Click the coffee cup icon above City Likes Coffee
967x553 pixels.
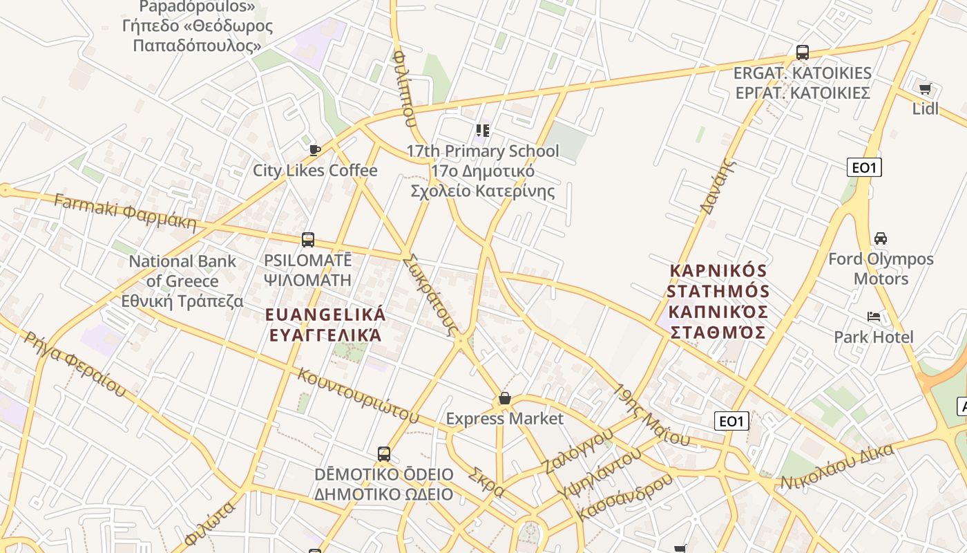click(x=315, y=150)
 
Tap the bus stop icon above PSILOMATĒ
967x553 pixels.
click(x=308, y=240)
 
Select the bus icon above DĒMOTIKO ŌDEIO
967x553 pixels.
click(x=384, y=454)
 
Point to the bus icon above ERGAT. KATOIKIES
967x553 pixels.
click(x=802, y=53)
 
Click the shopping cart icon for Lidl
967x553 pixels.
click(x=925, y=88)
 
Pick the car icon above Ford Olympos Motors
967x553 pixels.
click(x=881, y=238)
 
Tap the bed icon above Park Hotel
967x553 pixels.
click(x=874, y=317)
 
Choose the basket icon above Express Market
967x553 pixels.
click(x=505, y=399)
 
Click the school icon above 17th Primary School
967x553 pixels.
click(x=483, y=130)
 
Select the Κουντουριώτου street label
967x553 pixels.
click(x=358, y=396)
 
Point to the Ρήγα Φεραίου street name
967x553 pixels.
click(x=75, y=365)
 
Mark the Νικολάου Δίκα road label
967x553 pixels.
click(x=837, y=469)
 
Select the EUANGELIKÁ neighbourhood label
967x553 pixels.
click(x=325, y=315)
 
